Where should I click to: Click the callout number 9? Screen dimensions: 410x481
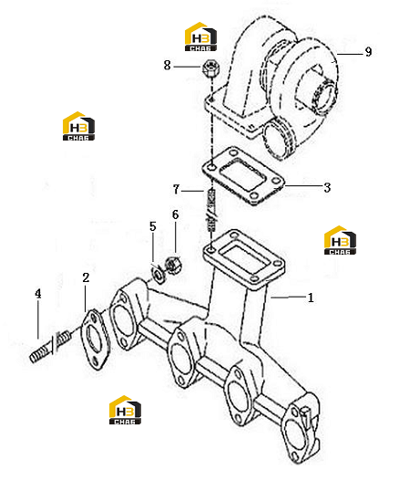[368, 52]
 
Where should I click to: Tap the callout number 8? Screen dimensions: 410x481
[167, 65]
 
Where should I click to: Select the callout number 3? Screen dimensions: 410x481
[327, 187]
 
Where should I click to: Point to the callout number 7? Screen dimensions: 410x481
[176, 189]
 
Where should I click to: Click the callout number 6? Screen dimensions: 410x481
[175, 214]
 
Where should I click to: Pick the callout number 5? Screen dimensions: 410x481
[152, 226]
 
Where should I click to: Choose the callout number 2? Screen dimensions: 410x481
[86, 277]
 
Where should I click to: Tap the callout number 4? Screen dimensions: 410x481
[37, 294]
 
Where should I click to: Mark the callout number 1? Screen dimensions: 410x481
[311, 298]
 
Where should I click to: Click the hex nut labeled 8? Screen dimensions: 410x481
[211, 68]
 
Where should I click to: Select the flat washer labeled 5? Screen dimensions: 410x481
[159, 275]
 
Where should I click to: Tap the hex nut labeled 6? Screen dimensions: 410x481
[173, 265]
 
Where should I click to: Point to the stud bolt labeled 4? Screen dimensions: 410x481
[51, 346]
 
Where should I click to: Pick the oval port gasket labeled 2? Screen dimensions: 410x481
[95, 340]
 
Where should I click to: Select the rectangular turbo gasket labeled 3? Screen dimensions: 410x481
[243, 176]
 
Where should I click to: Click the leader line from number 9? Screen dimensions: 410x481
[350, 54]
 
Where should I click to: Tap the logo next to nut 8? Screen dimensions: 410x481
[200, 37]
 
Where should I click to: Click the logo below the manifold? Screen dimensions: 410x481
[125, 410]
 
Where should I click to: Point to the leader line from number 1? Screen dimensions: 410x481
[288, 297]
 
